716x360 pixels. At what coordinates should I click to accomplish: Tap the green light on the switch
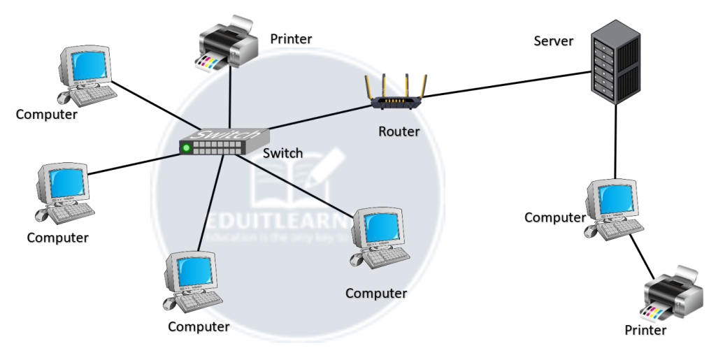[x=186, y=147]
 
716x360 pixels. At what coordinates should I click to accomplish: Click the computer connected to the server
[x=612, y=206]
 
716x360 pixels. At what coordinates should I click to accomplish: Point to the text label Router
[x=399, y=131]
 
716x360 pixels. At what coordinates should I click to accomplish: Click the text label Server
[x=553, y=41]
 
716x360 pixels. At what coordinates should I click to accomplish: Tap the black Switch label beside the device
[x=283, y=152]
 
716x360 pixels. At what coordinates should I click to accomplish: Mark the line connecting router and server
[x=503, y=87]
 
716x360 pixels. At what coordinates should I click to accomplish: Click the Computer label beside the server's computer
[x=554, y=217]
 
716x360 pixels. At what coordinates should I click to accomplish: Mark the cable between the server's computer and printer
[x=639, y=255]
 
